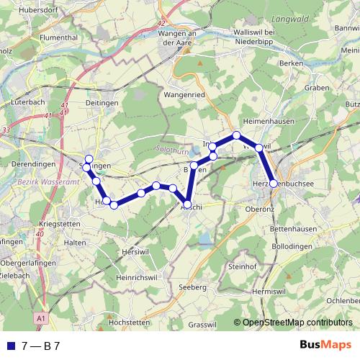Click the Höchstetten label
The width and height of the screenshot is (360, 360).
[127, 323]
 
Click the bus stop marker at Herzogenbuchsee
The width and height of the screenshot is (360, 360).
[273, 183]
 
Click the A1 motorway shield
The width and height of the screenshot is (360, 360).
[40, 317]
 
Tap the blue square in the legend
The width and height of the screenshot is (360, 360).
[11, 346]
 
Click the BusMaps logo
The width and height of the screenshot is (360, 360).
[325, 345]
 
